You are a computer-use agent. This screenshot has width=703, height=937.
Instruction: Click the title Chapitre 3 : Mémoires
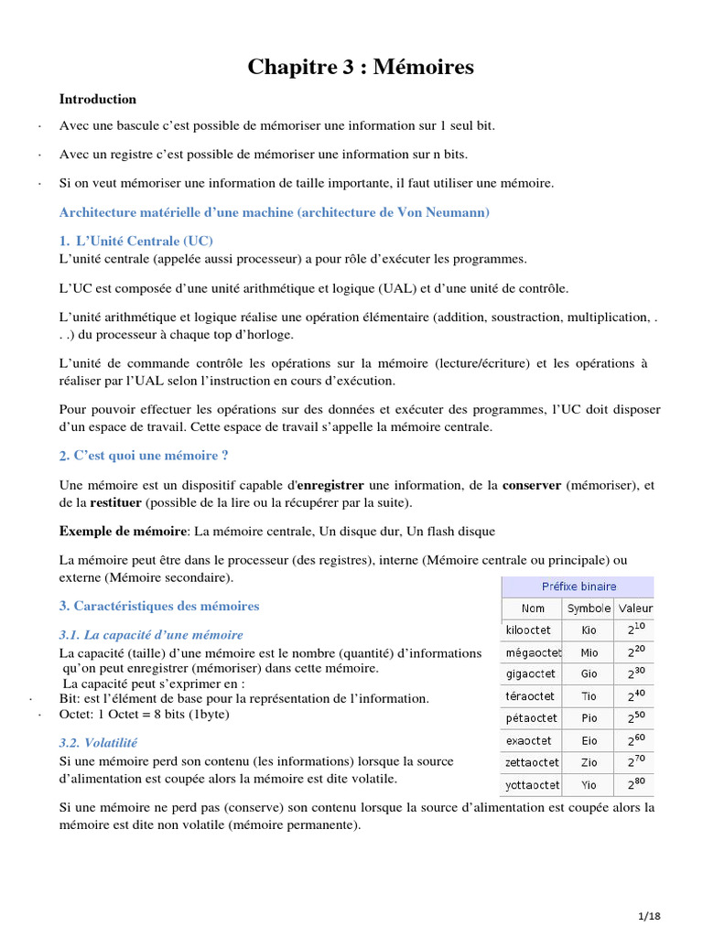coord(361,67)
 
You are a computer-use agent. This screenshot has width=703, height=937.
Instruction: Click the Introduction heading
coord(98,99)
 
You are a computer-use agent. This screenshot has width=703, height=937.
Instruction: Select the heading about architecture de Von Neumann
coord(275,212)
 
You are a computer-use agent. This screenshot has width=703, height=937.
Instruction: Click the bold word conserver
coord(532,485)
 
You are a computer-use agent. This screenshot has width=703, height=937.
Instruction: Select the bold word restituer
coord(114,502)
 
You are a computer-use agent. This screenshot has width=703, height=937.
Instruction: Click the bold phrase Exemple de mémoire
coord(123,531)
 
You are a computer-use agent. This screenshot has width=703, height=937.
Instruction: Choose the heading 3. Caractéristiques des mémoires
coord(159,606)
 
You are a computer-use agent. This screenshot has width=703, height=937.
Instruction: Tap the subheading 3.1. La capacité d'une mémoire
coord(151,634)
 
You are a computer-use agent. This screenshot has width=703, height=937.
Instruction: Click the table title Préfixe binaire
coord(578,587)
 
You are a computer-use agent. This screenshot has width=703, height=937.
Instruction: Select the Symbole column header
coord(589,609)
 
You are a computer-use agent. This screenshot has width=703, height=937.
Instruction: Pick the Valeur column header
coord(635,609)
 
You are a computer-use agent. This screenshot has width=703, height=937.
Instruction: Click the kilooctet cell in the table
coord(530,630)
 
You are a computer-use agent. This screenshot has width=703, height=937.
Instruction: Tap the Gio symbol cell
coord(589,673)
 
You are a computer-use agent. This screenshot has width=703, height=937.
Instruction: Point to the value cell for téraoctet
coord(635,695)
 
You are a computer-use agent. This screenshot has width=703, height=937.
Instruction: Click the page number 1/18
coord(648,916)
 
